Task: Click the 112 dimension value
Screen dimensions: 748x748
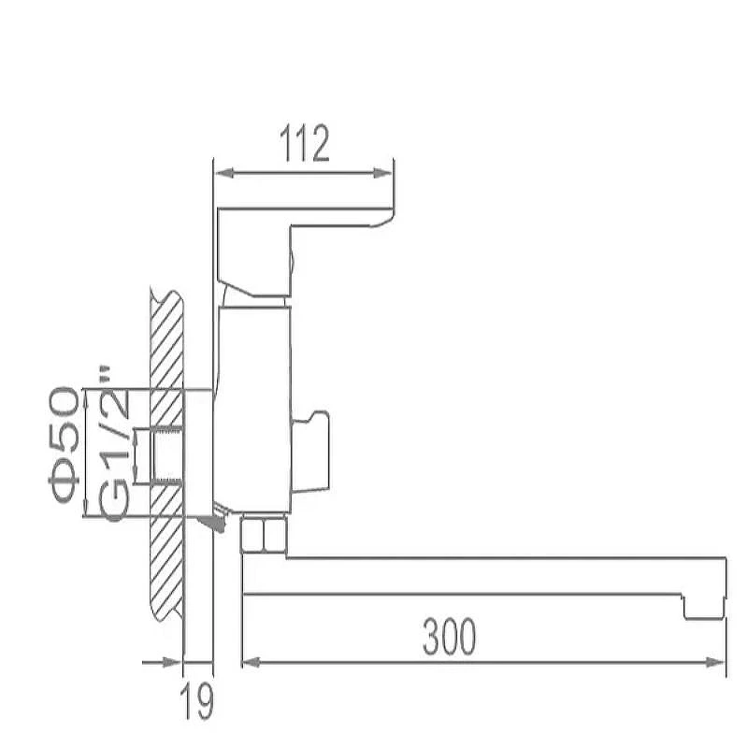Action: (x=305, y=144)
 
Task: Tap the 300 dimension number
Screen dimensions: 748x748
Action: (x=450, y=637)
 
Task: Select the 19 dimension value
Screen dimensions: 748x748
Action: (x=197, y=702)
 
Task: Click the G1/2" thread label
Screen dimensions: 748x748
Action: (x=113, y=443)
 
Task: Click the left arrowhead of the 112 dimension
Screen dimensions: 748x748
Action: (x=224, y=173)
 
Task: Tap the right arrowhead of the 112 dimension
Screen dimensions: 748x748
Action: (x=382, y=173)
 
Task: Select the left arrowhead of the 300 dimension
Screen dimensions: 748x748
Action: (x=252, y=662)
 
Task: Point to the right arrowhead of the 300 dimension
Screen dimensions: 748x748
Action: (x=715, y=662)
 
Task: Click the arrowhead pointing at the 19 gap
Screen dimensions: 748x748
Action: (x=172, y=662)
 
